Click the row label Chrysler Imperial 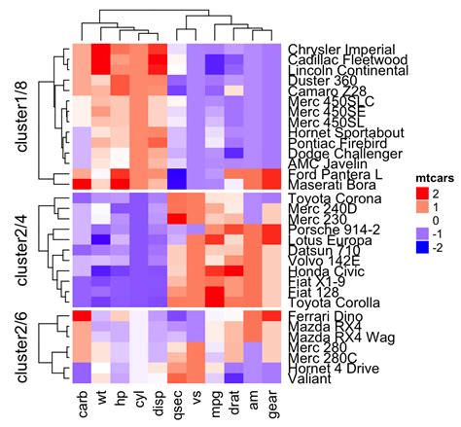click(341, 49)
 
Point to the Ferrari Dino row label click(324, 317)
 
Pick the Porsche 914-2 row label click(332, 230)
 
